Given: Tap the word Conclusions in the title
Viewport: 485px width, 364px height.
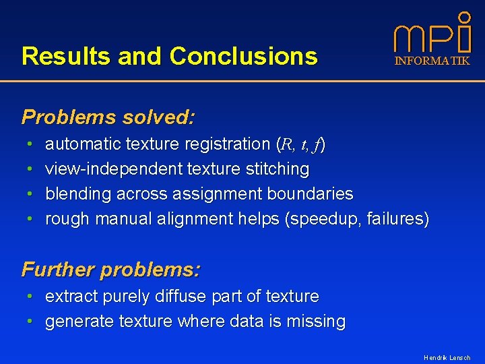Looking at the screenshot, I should coord(243,56).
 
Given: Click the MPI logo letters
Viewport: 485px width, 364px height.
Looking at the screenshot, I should coord(431,39).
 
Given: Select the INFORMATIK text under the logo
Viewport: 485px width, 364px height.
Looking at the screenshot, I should coord(432,61).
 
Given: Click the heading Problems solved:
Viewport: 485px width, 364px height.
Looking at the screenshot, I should coord(108,117).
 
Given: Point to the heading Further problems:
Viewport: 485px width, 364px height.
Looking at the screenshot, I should coord(111,270).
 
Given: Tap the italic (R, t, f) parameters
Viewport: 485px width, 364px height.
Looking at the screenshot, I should coord(301,144).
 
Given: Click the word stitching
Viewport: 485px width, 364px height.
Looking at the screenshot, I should coord(278,169).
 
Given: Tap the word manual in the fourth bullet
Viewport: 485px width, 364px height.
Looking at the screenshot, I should coord(126,219).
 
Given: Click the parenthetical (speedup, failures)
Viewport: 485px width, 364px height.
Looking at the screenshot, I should coord(357,219).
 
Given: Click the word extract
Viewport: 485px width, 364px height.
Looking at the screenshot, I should coord(70,296).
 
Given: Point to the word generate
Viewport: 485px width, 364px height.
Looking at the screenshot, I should coord(79,322).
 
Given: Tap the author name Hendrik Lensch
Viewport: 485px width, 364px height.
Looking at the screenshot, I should coord(447,357).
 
